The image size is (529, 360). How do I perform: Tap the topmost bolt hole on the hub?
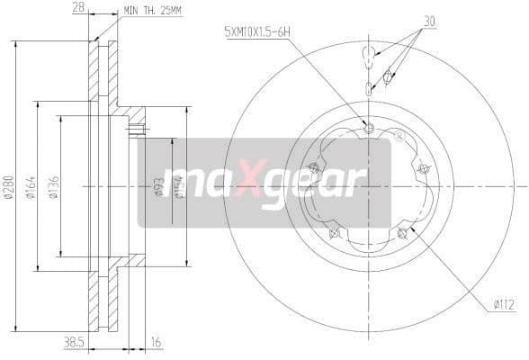369,129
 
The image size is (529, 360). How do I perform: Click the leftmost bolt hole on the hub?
313,167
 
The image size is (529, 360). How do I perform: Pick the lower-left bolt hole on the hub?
334,234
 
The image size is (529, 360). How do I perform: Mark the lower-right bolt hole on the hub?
401,234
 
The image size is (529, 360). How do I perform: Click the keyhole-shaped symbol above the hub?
369,56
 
